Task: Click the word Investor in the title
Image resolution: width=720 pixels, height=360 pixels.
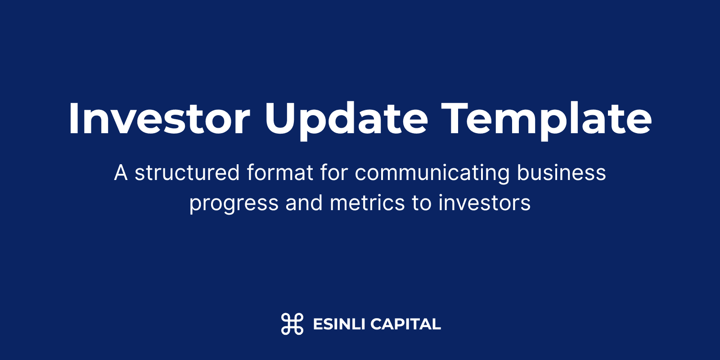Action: click(x=159, y=118)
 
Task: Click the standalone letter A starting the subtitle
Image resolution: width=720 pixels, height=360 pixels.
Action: click(x=121, y=173)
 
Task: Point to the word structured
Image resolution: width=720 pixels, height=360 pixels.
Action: click(x=187, y=173)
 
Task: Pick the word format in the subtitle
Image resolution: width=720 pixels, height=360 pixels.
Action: click(x=280, y=173)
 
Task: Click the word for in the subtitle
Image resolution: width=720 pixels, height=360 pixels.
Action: click(x=334, y=173)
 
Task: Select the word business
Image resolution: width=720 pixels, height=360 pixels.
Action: click(x=561, y=173)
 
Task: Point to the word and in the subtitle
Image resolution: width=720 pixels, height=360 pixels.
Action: click(x=304, y=202)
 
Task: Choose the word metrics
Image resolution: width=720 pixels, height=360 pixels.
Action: click(x=367, y=202)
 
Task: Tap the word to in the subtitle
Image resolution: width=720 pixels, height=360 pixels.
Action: click(x=422, y=203)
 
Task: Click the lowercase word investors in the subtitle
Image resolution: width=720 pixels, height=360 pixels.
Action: click(x=485, y=202)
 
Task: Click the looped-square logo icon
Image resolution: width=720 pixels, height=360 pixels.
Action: click(x=292, y=324)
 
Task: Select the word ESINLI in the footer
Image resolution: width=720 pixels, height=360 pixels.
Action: click(x=339, y=324)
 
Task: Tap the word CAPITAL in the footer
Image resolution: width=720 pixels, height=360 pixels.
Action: click(x=405, y=324)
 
